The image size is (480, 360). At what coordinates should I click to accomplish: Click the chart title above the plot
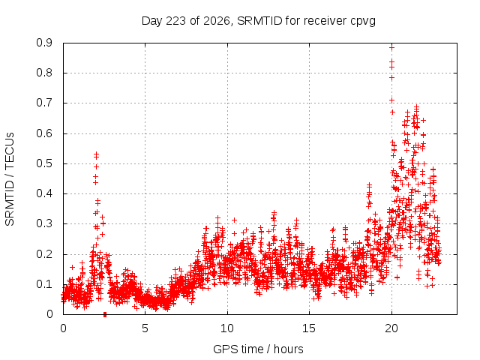point(258,21)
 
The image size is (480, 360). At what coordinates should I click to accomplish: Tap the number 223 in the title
point(175,21)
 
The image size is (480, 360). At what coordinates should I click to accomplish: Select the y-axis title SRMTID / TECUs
point(10,179)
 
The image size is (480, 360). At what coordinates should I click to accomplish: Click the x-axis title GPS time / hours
point(258,349)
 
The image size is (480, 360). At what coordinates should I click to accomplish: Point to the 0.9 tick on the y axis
point(44,43)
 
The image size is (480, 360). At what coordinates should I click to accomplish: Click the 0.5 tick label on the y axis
point(44,163)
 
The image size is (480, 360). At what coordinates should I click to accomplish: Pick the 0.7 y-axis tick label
point(44,103)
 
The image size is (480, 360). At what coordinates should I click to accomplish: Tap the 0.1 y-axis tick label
point(44,284)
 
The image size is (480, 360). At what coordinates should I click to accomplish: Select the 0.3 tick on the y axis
point(44,223)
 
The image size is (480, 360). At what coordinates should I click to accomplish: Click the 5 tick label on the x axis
point(145,328)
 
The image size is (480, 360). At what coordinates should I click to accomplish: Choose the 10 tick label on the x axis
point(227,328)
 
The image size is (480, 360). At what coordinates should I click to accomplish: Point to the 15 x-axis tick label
point(309,328)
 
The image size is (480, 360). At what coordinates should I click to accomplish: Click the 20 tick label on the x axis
point(391,328)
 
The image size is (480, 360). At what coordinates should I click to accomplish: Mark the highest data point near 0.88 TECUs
point(391,48)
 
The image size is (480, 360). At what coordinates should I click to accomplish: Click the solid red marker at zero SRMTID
point(105,314)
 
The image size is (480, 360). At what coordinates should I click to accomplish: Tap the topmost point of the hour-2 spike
point(97,154)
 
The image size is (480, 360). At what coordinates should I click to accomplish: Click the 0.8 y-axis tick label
point(44,73)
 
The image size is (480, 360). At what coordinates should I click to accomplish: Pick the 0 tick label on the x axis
point(63,328)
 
